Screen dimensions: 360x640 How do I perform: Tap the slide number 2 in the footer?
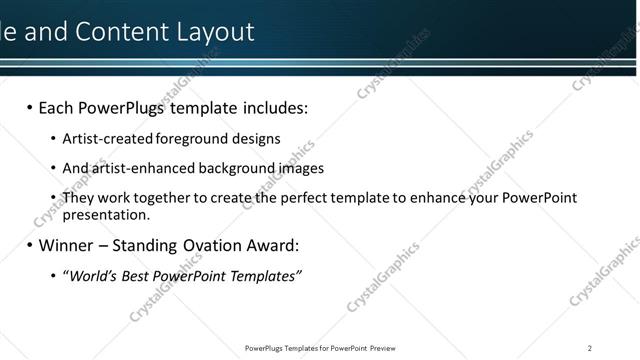pyautogui.click(x=590, y=347)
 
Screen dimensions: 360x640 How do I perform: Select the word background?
pyautogui.click(x=226, y=168)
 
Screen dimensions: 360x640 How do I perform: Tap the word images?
pyautogui.click(x=300, y=168)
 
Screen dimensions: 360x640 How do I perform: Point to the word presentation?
pyautogui.click(x=106, y=214)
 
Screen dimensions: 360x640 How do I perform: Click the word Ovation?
pyautogui.click(x=213, y=245)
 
